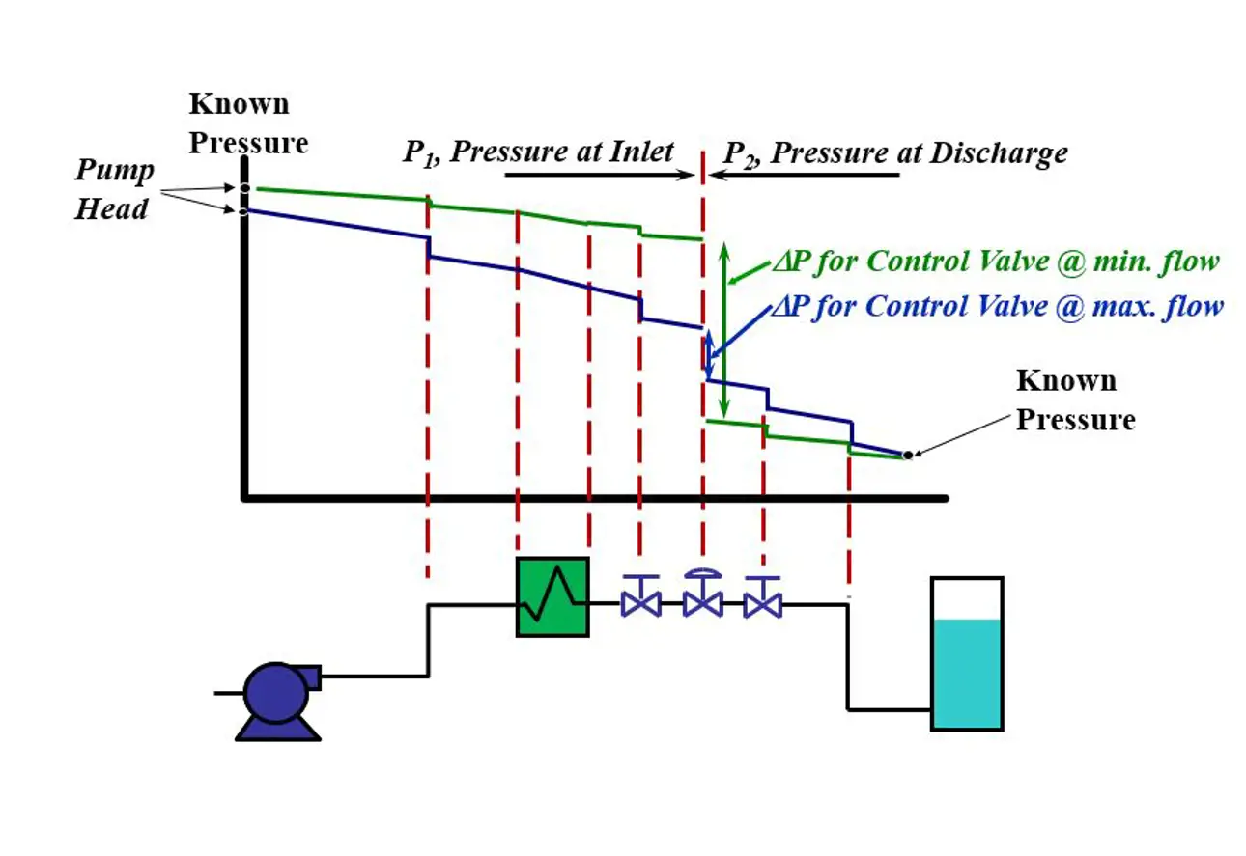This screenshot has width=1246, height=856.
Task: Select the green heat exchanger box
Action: point(552,596)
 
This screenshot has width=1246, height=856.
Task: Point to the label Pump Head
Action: point(114,190)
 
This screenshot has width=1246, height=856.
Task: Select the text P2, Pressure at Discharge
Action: point(895,153)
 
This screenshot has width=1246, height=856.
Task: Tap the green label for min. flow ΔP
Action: point(995,262)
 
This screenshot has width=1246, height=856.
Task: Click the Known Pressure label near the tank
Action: point(1074,400)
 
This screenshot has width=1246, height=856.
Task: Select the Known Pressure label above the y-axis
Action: point(247,124)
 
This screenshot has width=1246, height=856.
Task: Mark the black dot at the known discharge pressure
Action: point(907,455)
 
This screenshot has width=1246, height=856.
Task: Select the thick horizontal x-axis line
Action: point(595,498)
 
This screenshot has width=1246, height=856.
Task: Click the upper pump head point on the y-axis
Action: point(244,188)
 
